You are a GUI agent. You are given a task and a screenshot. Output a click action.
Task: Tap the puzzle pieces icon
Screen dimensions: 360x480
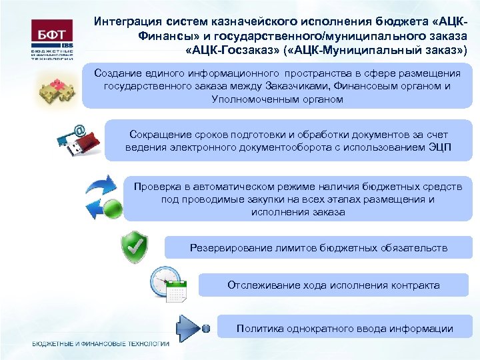[x=58, y=89]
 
